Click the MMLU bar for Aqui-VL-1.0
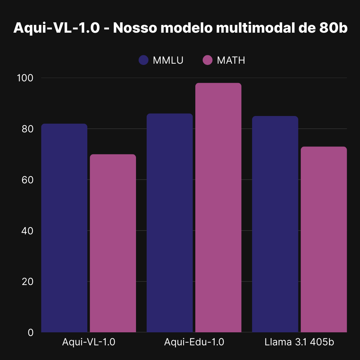[64, 228]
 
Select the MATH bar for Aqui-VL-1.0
[113, 243]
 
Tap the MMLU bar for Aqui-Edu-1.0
[170, 223]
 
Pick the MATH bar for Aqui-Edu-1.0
[218, 208]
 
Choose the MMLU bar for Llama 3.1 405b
[275, 224]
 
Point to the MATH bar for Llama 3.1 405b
[324, 239]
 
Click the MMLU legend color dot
[143, 60]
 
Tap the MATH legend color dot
[207, 60]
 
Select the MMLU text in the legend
[168, 60]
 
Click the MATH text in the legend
[231, 60]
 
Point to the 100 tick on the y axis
[26, 78]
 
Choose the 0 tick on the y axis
[31, 333]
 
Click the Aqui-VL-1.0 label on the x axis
[89, 342]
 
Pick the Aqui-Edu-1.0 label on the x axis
[194, 342]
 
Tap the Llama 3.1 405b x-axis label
[299, 342]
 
